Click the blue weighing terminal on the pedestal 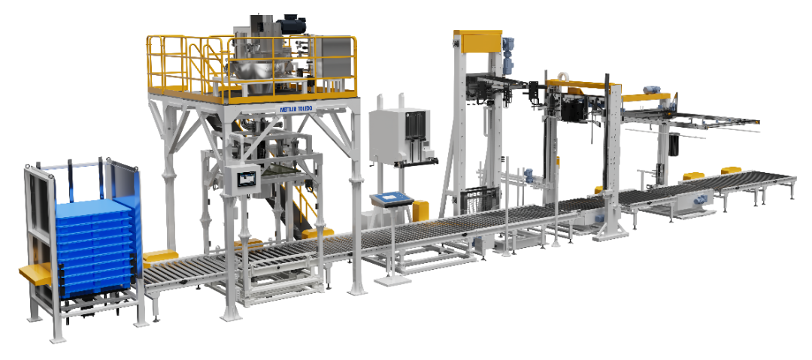tap(391, 198)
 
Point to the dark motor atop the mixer tap(292, 24)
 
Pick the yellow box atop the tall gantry tap(478, 41)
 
